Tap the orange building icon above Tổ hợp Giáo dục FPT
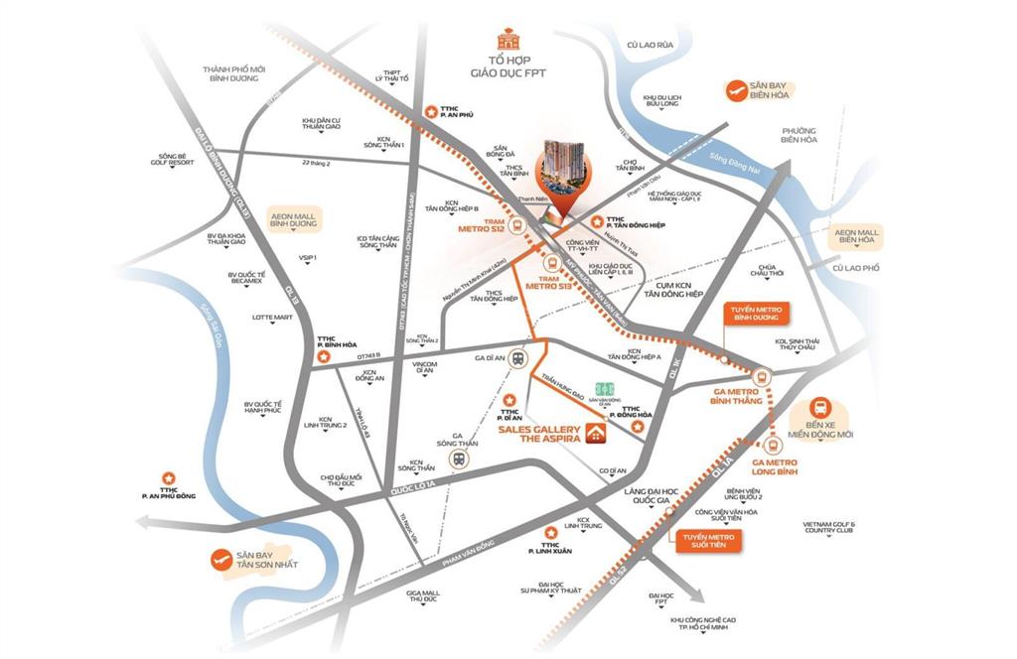(509, 40)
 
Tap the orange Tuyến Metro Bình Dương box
(757, 316)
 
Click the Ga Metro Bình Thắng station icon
(763, 377)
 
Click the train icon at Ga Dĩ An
(517, 361)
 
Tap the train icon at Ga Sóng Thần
(459, 459)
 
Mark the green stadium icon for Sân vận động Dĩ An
(604, 389)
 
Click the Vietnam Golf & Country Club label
(829, 527)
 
